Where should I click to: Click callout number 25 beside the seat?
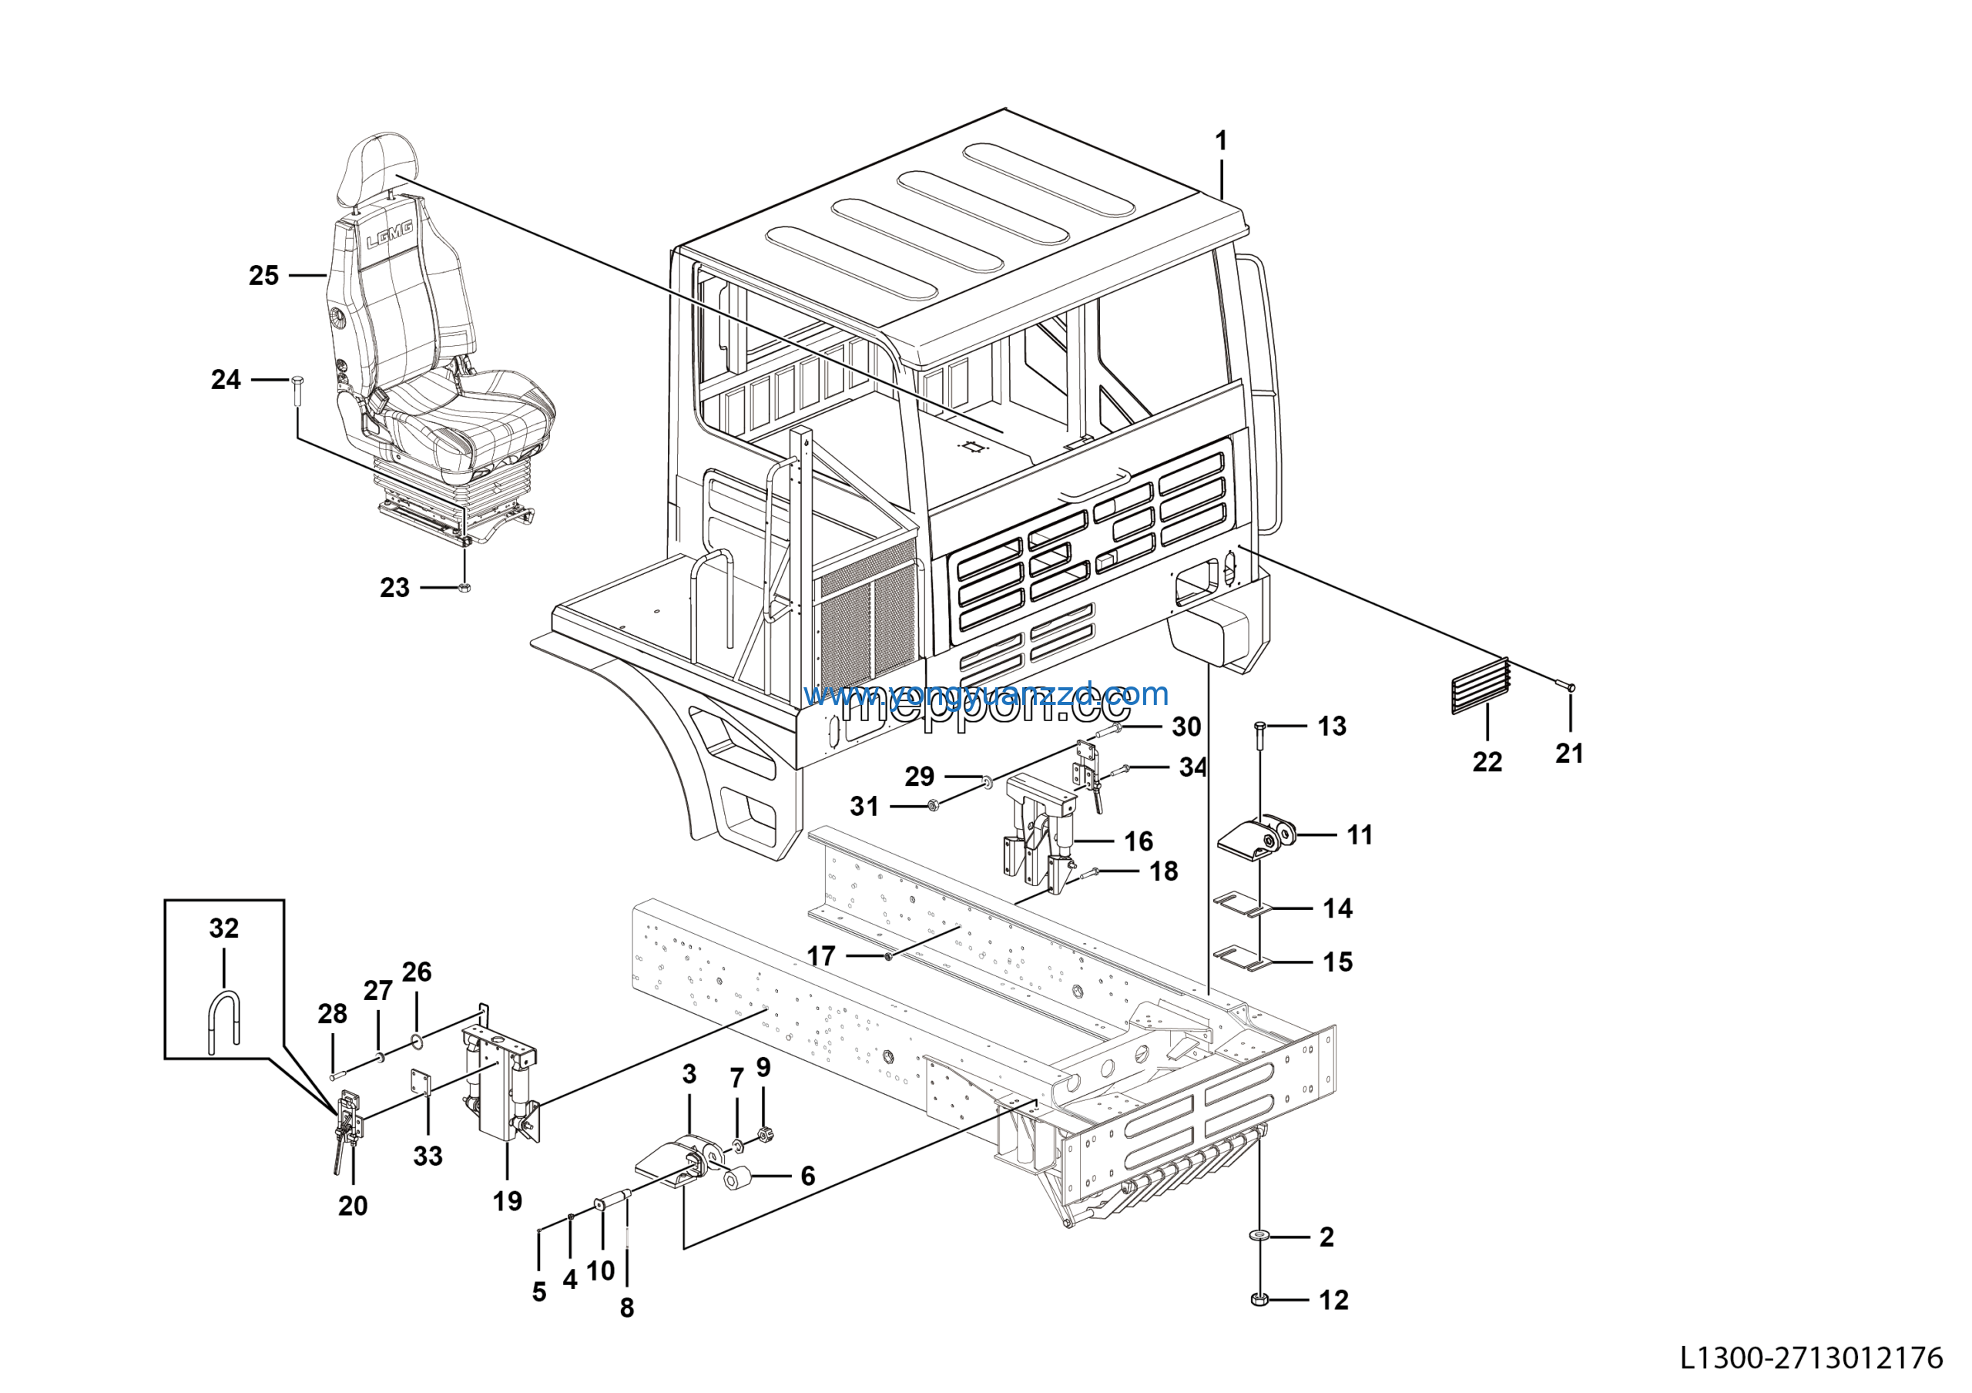[263, 276]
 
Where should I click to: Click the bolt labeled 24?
[297, 392]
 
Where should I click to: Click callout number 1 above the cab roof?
[1220, 141]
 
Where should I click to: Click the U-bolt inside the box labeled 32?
[224, 1020]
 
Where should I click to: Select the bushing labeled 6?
[737, 1178]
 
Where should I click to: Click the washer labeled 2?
[1260, 1235]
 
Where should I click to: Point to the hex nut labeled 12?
[1260, 1298]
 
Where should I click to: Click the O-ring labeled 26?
[417, 1042]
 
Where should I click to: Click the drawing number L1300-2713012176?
[1810, 1358]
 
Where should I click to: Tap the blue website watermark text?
[986, 693]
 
